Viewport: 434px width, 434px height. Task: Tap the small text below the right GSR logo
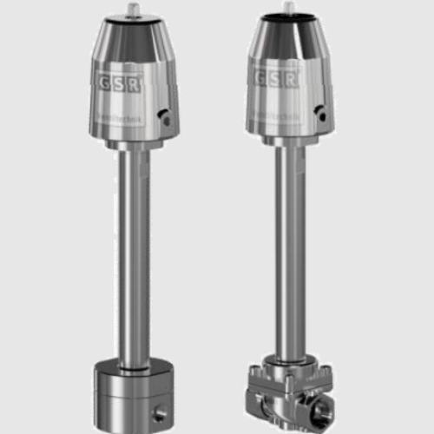point(276,103)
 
